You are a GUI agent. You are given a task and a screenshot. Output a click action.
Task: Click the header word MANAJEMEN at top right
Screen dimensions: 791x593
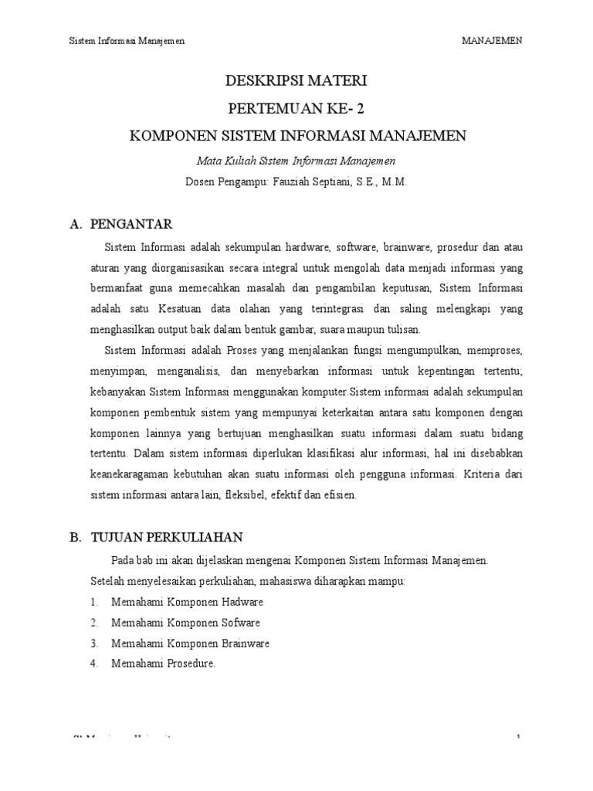491,41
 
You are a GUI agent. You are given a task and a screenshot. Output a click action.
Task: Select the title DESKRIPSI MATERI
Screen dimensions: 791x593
296,80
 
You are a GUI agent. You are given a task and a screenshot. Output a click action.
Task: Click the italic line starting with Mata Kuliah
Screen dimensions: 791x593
296,161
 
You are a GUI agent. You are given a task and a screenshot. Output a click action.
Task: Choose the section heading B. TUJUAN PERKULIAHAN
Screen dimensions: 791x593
157,538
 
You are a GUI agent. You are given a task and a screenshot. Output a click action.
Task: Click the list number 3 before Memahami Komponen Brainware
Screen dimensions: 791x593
93,643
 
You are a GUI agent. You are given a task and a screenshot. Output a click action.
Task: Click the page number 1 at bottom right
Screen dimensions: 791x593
519,738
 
